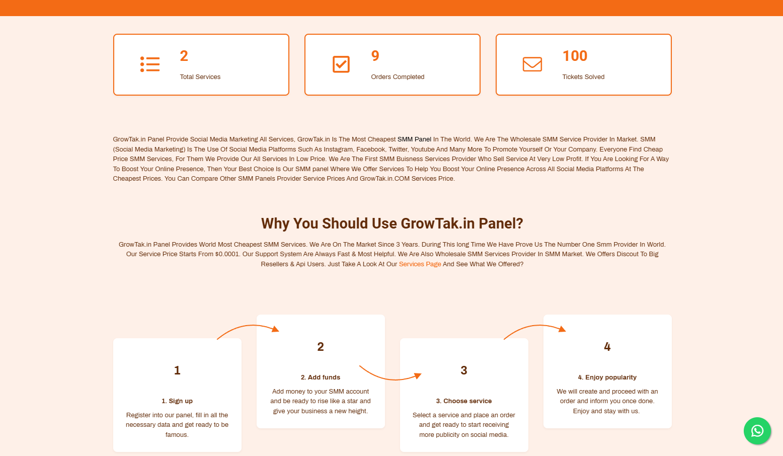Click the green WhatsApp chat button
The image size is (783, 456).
pyautogui.click(x=757, y=431)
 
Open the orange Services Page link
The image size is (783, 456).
pyautogui.click(x=420, y=264)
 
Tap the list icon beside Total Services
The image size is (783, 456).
pyautogui.click(x=150, y=64)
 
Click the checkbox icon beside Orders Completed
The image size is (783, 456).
pyautogui.click(x=341, y=64)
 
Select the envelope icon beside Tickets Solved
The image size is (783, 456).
pyautogui.click(x=532, y=64)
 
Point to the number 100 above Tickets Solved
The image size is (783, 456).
pyautogui.click(x=575, y=56)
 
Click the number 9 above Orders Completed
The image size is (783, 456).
pyautogui.click(x=375, y=56)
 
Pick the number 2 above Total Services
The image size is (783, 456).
pyautogui.click(x=184, y=56)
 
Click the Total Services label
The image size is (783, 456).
pyautogui.click(x=200, y=77)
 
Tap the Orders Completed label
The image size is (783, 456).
pyautogui.click(x=398, y=77)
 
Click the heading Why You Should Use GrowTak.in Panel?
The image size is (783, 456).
pyautogui.click(x=392, y=223)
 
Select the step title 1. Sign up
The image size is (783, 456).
pyautogui.click(x=177, y=401)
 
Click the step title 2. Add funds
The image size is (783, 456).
pyautogui.click(x=320, y=377)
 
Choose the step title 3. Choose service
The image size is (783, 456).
pyautogui.click(x=464, y=401)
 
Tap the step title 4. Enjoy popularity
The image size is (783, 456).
pyautogui.click(x=607, y=377)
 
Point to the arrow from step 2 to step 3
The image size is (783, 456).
pyautogui.click(x=391, y=379)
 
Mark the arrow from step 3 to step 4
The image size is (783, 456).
pyautogui.click(x=535, y=326)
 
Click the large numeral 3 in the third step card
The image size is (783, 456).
pyautogui.click(x=464, y=370)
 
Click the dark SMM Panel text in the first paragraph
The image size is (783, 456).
pyautogui.click(x=414, y=139)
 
